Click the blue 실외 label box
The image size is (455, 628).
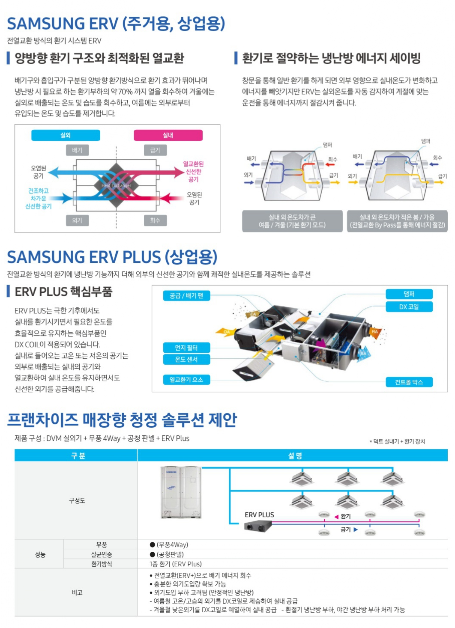66,135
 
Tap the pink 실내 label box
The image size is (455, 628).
168,135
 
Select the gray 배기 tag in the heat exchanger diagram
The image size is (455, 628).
77,150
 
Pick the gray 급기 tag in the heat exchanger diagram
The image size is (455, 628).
155,150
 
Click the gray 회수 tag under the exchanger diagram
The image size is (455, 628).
155,220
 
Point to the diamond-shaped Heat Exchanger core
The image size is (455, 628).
116,185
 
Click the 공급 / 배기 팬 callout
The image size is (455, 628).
186,296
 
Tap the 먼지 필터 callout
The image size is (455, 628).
186,348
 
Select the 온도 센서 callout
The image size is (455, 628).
186,359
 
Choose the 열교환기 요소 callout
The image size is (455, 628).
186,380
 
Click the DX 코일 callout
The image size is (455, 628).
409,307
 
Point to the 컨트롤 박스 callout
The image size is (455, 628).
409,382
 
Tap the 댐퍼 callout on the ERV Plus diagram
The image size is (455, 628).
409,294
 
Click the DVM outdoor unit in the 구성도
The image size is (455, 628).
181,492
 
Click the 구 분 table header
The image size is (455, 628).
78,455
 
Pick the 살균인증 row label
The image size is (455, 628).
102,554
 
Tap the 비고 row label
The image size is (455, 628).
77,592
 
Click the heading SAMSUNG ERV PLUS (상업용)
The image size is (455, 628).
112,257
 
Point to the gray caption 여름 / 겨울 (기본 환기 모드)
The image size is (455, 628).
292,221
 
